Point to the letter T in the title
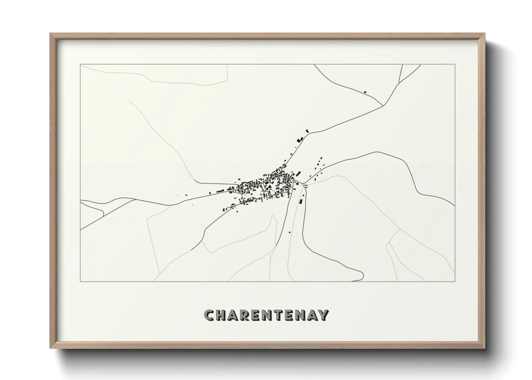point(285,315)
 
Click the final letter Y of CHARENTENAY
point(323,315)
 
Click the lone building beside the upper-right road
point(365,92)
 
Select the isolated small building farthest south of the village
point(289,232)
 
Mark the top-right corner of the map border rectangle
point(455,65)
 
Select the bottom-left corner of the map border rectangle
point(81,282)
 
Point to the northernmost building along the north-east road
point(307,131)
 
